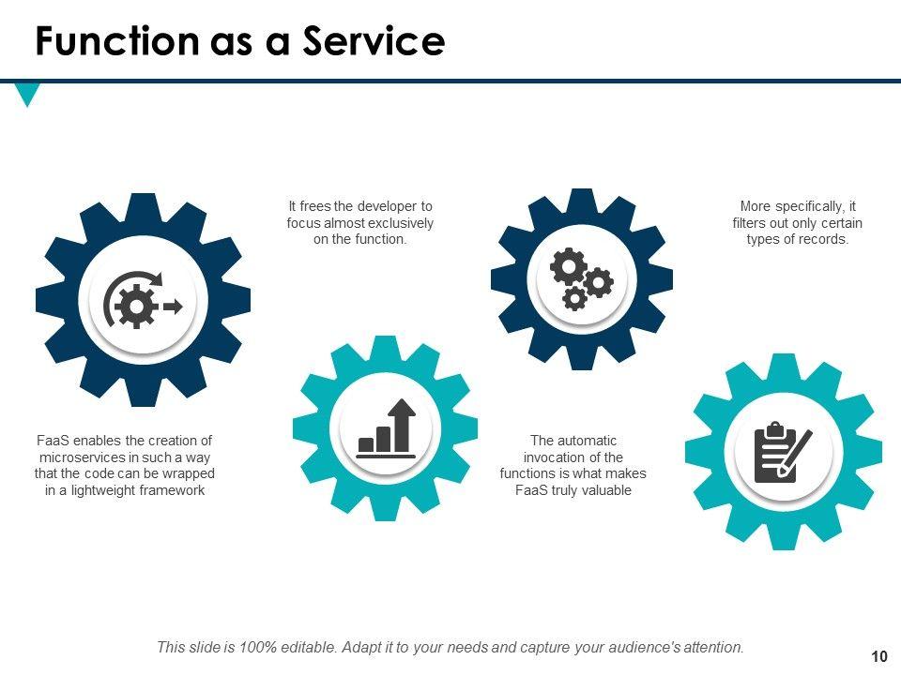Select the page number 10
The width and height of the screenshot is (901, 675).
[878, 656]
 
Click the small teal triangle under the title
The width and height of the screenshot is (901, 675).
[28, 94]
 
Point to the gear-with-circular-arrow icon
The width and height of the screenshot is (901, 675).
[143, 301]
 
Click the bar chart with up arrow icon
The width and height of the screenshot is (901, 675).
[387, 428]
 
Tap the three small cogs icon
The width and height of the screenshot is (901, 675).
[581, 278]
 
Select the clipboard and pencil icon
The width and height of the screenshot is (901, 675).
[783, 452]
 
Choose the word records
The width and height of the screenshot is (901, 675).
[826, 239]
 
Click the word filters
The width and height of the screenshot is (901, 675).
[750, 223]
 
